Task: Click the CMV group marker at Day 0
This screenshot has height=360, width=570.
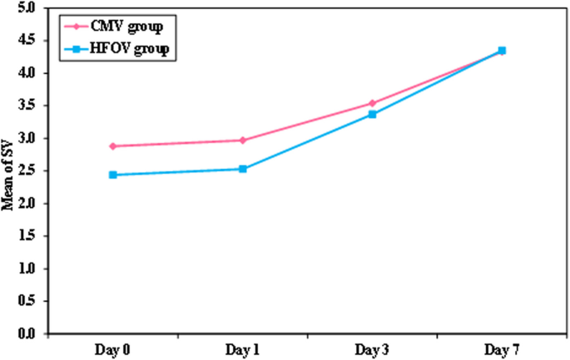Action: tap(112, 146)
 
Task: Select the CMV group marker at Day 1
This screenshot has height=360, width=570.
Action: tap(242, 141)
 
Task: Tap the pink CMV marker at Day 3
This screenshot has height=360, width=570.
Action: tap(372, 103)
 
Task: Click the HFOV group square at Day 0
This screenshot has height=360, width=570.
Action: tap(112, 175)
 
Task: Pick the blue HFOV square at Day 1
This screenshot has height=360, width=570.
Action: tap(242, 169)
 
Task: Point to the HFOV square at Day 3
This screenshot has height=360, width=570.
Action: tap(372, 114)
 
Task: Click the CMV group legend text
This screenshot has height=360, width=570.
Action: tap(137, 25)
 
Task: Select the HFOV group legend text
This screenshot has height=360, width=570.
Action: tap(141, 50)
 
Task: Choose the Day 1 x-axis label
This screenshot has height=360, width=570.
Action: tap(242, 350)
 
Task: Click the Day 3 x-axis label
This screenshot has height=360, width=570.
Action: tap(372, 350)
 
